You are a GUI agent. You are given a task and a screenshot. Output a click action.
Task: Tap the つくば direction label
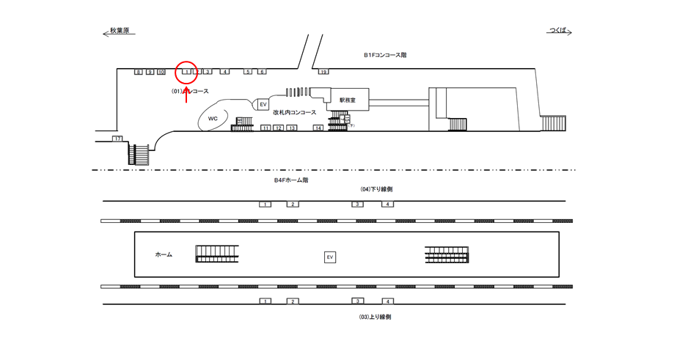tap(558, 31)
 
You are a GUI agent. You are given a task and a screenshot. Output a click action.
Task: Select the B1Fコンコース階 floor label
tap(385, 55)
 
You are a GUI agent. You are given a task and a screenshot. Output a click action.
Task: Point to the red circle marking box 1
tap(187, 72)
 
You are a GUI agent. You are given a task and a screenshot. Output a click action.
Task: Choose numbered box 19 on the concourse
tap(323, 72)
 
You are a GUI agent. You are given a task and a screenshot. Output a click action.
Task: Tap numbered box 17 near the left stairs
tap(117, 138)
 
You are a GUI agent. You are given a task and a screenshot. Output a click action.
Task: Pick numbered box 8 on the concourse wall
tap(138, 72)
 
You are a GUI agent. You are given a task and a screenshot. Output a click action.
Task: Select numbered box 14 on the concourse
tap(318, 128)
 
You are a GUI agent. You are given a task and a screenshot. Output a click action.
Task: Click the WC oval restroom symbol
tap(213, 118)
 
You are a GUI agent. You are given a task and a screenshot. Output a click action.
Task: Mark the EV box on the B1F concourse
tap(263, 105)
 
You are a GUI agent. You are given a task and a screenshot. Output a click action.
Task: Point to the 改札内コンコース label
tap(294, 113)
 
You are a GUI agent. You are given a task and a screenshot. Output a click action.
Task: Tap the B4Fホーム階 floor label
tap(291, 180)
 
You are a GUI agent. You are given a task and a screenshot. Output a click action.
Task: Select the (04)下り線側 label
tap(376, 189)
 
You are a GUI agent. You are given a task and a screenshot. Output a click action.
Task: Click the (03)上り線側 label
tap(376, 317)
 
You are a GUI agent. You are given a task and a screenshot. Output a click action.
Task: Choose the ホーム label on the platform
tap(164, 254)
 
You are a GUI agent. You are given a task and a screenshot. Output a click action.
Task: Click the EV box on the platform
tap(330, 257)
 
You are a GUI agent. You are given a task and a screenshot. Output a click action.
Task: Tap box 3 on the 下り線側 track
tap(357, 204)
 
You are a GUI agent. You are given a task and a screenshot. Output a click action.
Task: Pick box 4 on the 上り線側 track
tap(388, 301)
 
